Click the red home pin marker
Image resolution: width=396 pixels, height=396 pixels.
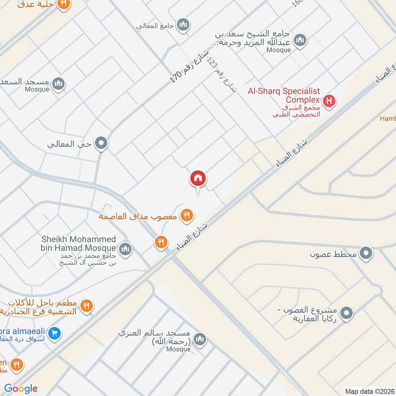click(x=198, y=178)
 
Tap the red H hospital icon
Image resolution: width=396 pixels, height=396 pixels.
click(x=329, y=102)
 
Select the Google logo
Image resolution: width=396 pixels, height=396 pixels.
click(x=20, y=389)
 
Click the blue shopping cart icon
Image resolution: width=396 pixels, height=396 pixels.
click(x=55, y=333)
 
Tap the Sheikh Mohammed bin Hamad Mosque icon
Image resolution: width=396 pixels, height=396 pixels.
click(x=125, y=248)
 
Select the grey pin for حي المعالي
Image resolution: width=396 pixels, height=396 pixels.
click(x=101, y=144)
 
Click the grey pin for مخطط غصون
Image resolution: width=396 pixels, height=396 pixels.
click(x=366, y=254)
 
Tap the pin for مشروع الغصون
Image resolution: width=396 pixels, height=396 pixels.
click(x=347, y=313)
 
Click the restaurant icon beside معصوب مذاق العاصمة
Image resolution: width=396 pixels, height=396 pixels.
click(x=187, y=215)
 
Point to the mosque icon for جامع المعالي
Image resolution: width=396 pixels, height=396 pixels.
click(x=184, y=25)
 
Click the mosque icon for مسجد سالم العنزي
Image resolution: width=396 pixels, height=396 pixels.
click(x=200, y=339)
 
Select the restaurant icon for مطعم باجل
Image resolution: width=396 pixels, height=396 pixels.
click(x=86, y=306)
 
